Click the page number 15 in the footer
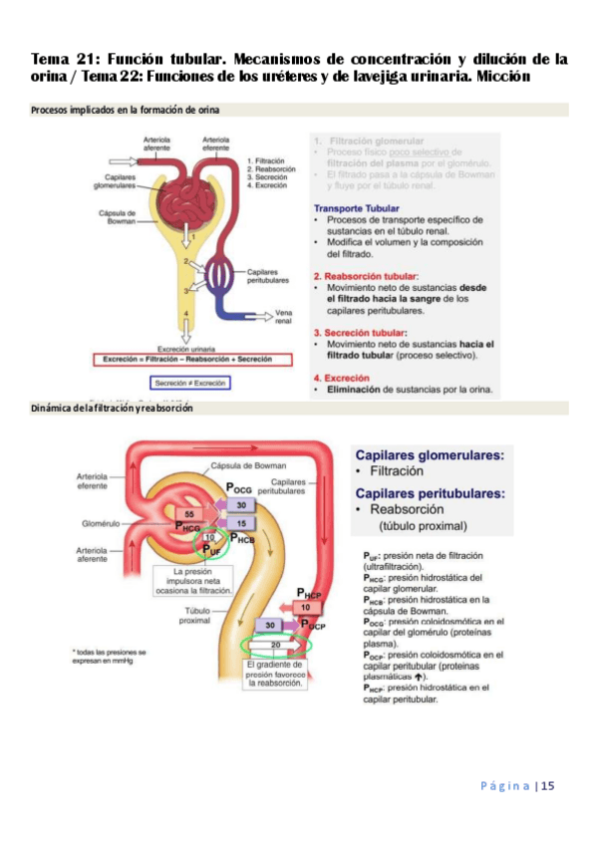point(548,786)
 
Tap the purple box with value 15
point(240,522)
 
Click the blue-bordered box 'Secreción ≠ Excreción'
point(188,383)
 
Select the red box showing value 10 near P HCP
point(308,606)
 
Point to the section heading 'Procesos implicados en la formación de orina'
point(126,110)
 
